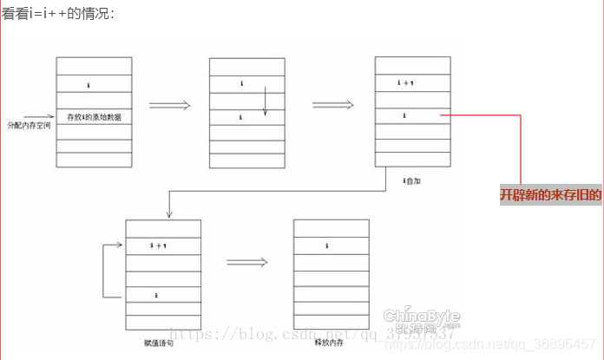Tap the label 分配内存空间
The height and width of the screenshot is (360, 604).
pos(29,125)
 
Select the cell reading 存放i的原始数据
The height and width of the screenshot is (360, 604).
pos(94,116)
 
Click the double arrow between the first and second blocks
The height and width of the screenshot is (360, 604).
pos(169,105)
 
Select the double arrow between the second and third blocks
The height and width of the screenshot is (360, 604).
pos(332,105)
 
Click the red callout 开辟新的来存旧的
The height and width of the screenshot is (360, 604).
pos(550,195)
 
